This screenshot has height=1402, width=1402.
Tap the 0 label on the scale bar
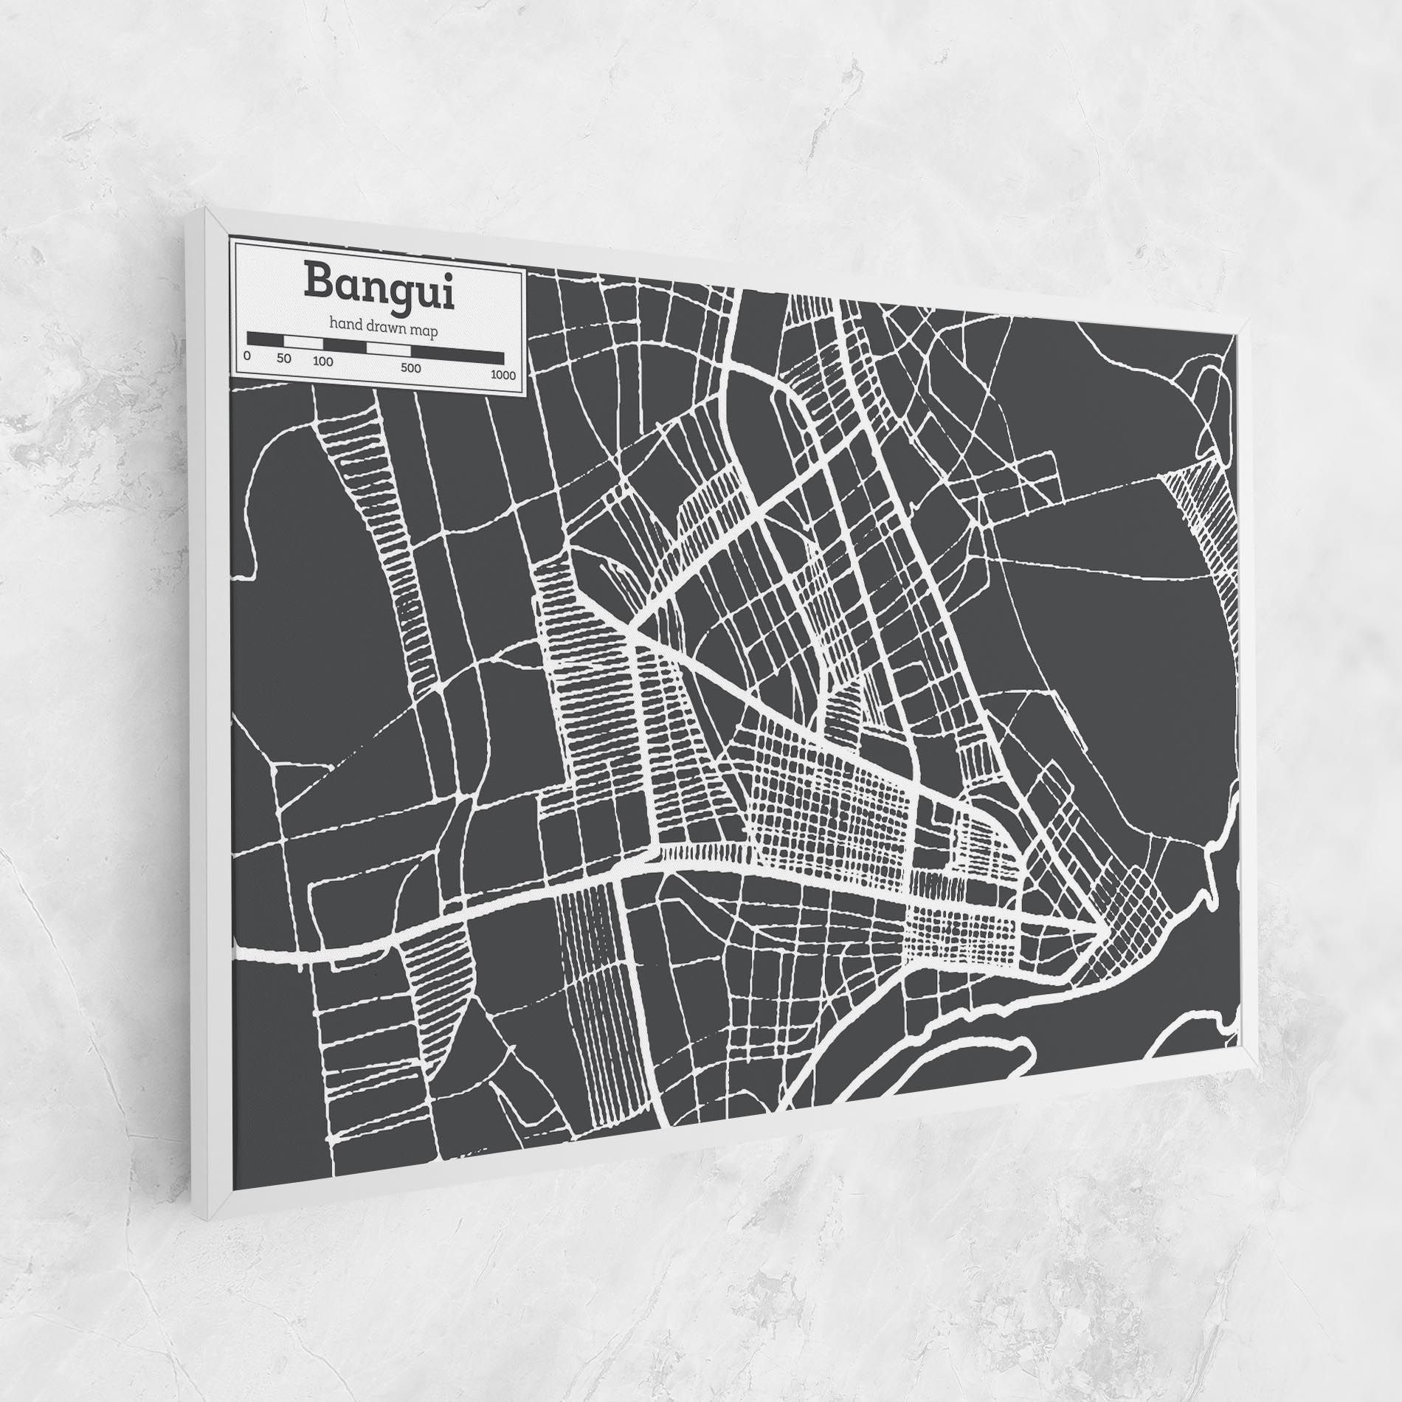pyautogui.click(x=247, y=356)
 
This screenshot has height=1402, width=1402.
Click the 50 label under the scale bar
pyautogui.click(x=285, y=359)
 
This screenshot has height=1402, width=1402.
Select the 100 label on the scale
pyautogui.click(x=322, y=362)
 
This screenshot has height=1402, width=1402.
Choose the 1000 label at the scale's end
pyautogui.click(x=503, y=376)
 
